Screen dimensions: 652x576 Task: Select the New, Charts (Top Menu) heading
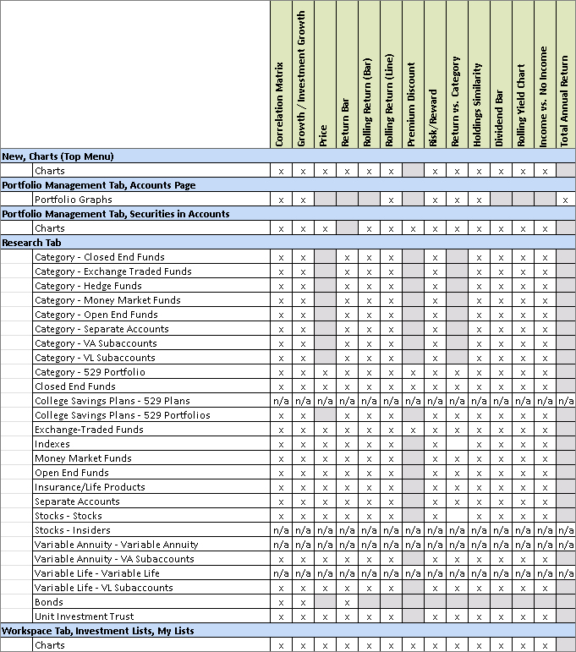click(x=58, y=156)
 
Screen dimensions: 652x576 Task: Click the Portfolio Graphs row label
click(x=74, y=200)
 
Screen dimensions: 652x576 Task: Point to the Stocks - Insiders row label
click(x=73, y=530)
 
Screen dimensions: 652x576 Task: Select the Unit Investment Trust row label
click(x=84, y=616)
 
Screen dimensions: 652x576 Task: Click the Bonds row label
click(x=48, y=602)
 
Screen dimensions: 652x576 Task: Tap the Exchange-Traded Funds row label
click(x=89, y=430)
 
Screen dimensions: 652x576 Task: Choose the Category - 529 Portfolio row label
click(x=90, y=372)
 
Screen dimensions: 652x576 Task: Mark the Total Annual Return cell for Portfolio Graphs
click(x=565, y=200)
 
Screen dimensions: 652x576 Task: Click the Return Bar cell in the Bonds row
click(x=347, y=602)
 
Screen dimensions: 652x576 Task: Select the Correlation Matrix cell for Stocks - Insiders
click(x=281, y=530)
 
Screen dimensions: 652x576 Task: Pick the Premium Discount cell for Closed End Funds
click(x=412, y=386)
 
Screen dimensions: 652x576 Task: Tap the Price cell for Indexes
click(x=325, y=444)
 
